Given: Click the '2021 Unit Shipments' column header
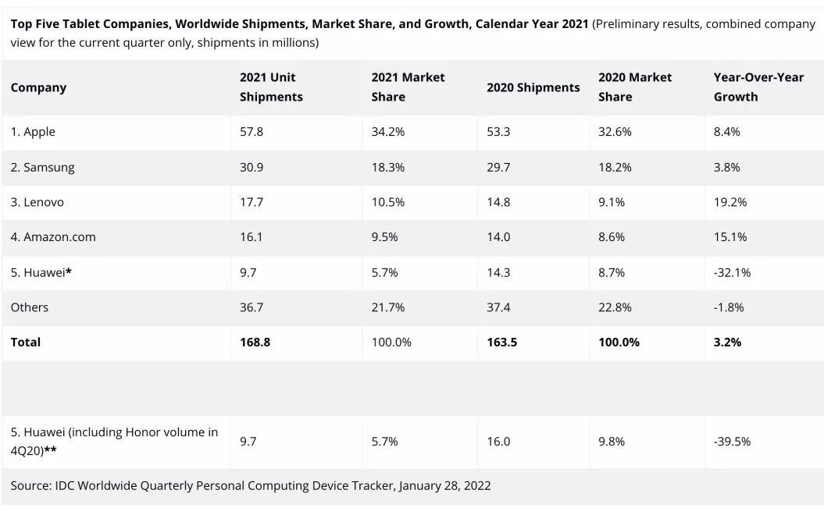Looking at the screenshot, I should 270,87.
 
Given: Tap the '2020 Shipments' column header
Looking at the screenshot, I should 533,87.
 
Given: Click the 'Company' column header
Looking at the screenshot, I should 38,87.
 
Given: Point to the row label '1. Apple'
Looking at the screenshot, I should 33,132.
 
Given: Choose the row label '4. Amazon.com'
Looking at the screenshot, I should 53,237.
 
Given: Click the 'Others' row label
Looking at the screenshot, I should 30,307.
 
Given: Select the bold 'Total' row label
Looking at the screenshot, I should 26,342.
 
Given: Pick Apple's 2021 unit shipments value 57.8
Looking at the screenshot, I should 251,132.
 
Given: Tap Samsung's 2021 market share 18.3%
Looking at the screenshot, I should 387,167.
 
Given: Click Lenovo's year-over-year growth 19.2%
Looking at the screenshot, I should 729,202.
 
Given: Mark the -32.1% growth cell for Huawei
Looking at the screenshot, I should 732,272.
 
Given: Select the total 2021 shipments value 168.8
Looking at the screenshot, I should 255,342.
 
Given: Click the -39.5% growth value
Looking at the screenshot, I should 732,442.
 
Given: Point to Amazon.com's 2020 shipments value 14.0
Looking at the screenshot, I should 498,237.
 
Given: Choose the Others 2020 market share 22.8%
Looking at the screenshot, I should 615,307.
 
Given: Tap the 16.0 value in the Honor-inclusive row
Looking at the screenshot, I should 498,442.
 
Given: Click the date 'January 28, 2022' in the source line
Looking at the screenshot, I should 444,485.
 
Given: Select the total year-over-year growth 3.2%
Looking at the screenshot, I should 727,342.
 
